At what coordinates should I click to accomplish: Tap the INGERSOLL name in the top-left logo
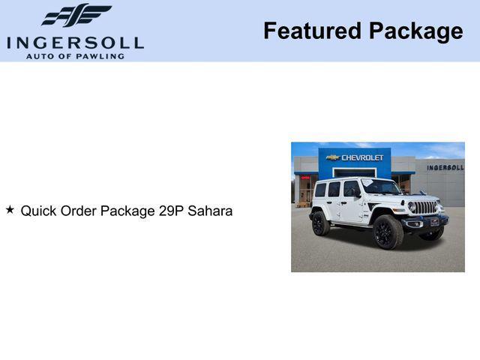tap(75, 43)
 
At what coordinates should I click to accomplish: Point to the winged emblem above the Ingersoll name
tap(76, 16)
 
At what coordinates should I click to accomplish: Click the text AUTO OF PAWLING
tap(75, 56)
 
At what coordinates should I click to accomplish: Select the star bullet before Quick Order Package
tap(10, 210)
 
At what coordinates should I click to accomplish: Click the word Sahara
tap(211, 211)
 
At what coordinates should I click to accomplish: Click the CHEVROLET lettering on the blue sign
tap(362, 157)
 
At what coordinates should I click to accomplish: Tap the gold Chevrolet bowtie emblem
tap(332, 157)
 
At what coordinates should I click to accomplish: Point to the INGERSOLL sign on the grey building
tap(445, 167)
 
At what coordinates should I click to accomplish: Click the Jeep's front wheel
tap(388, 232)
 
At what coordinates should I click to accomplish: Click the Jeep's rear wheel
tap(321, 223)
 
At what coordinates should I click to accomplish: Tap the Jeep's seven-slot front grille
tap(425, 207)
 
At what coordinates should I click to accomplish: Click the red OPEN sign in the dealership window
tap(305, 178)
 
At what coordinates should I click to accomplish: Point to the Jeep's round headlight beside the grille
tap(411, 206)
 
